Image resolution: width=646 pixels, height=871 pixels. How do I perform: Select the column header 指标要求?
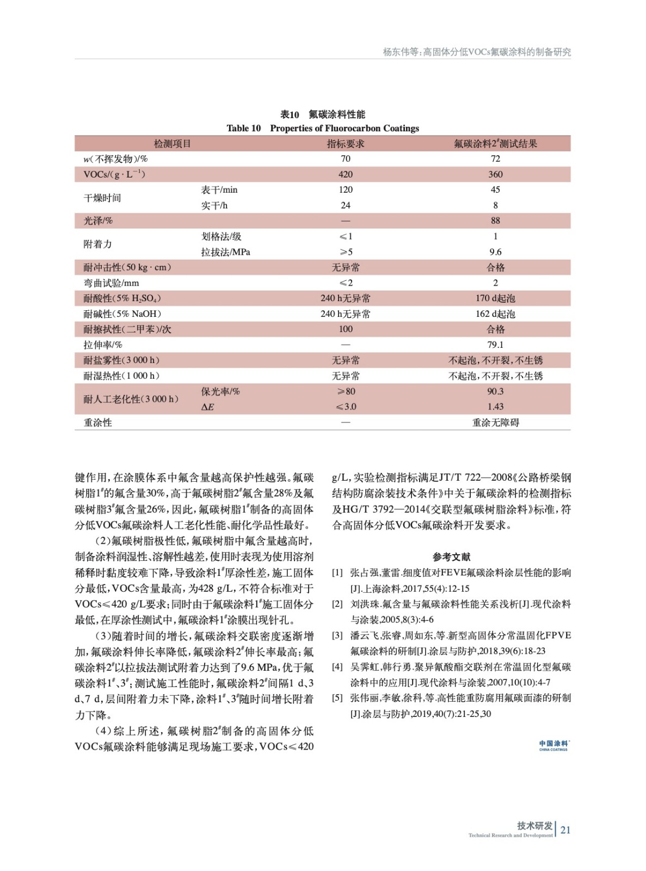point(346,144)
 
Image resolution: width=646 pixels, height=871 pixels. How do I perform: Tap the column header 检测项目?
point(172,144)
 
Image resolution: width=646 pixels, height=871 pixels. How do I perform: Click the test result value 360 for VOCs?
point(495,174)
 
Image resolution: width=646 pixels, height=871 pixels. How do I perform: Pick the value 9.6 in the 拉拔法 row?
point(495,252)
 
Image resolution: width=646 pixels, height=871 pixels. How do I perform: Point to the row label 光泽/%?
point(98,221)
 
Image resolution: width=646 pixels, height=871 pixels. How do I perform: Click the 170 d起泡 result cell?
point(495,298)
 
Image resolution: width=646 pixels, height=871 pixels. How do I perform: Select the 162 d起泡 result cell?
point(495,314)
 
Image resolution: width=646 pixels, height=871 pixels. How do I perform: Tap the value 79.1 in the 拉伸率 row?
point(495,345)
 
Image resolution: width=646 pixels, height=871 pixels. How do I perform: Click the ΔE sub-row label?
point(207,407)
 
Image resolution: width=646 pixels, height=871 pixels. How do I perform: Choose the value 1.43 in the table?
point(495,407)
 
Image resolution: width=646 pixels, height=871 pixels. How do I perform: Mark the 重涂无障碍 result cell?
point(495,423)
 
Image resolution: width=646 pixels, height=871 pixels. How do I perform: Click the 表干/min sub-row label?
point(219,190)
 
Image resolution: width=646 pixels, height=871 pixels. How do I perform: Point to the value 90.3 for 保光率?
point(495,391)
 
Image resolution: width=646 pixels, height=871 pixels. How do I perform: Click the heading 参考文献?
point(451,557)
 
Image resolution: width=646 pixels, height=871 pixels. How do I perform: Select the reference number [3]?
point(337,635)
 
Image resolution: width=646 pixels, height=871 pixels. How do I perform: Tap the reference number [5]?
point(337,698)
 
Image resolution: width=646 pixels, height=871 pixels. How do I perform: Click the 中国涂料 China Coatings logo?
point(553,745)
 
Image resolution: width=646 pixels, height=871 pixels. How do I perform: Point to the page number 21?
point(565,830)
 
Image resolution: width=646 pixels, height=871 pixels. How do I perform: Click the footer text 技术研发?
point(534,826)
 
